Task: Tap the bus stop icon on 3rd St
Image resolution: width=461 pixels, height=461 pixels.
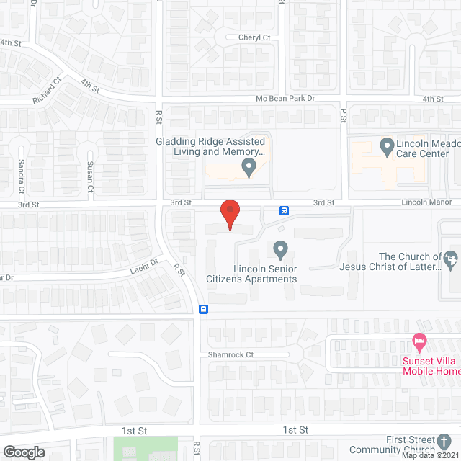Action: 285,210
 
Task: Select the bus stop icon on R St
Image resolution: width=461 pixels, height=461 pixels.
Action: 204,310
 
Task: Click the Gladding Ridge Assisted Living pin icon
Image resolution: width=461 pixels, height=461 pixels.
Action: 249,168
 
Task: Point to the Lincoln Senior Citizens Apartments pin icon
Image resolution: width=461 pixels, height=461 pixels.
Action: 281,250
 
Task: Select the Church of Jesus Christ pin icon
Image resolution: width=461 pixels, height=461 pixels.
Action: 450,256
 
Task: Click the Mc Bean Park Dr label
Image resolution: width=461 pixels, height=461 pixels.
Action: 286,98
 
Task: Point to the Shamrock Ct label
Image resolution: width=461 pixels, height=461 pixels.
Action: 230,354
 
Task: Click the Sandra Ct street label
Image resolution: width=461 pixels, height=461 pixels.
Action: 22,176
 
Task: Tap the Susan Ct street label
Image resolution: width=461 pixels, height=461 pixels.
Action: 91,176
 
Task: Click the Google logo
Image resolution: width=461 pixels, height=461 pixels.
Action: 24,452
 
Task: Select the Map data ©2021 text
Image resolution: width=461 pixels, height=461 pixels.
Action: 430,455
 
